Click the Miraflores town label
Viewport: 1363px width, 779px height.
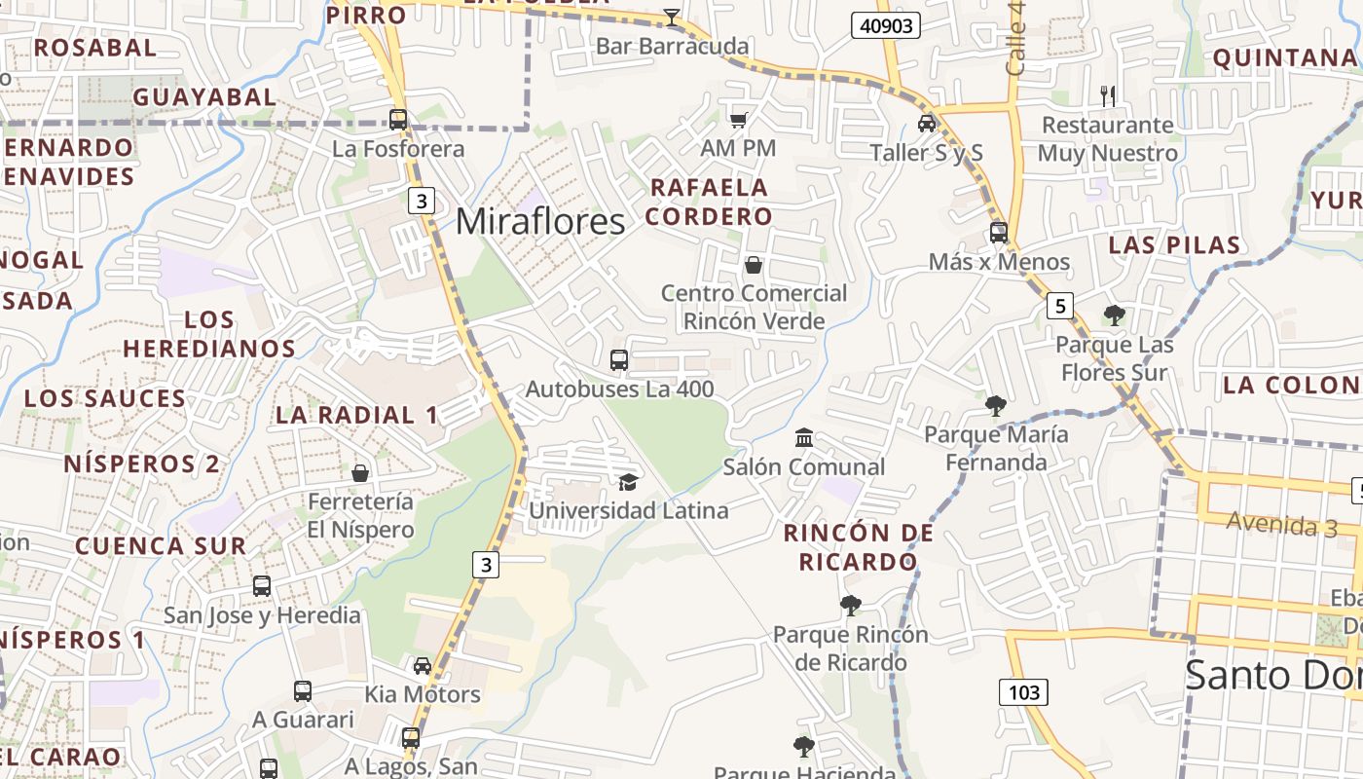point(540,222)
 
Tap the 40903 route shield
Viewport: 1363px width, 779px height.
point(886,25)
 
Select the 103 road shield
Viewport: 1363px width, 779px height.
point(1023,692)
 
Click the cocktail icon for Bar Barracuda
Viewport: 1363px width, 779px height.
point(672,17)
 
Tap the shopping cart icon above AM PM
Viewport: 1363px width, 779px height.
point(739,120)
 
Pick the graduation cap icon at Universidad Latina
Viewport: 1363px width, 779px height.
point(629,482)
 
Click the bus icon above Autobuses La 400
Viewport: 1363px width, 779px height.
point(619,360)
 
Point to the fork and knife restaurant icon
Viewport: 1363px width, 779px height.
point(1107,95)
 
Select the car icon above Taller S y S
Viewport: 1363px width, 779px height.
point(927,124)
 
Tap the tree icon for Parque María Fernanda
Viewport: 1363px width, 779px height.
point(995,405)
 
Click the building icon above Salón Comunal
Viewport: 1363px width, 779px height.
point(804,438)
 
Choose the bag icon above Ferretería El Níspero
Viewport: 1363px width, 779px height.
point(360,473)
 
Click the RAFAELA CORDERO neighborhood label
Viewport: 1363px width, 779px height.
point(709,202)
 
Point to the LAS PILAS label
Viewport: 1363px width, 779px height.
point(1174,244)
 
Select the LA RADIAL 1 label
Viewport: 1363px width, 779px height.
point(357,415)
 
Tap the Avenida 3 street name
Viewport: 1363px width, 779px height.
point(1269,524)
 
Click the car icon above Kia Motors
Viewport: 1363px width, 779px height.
point(423,666)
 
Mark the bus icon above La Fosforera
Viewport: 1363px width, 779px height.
point(398,120)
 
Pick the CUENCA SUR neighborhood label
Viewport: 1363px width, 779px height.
point(161,545)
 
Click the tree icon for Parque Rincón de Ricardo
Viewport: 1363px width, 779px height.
point(851,606)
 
